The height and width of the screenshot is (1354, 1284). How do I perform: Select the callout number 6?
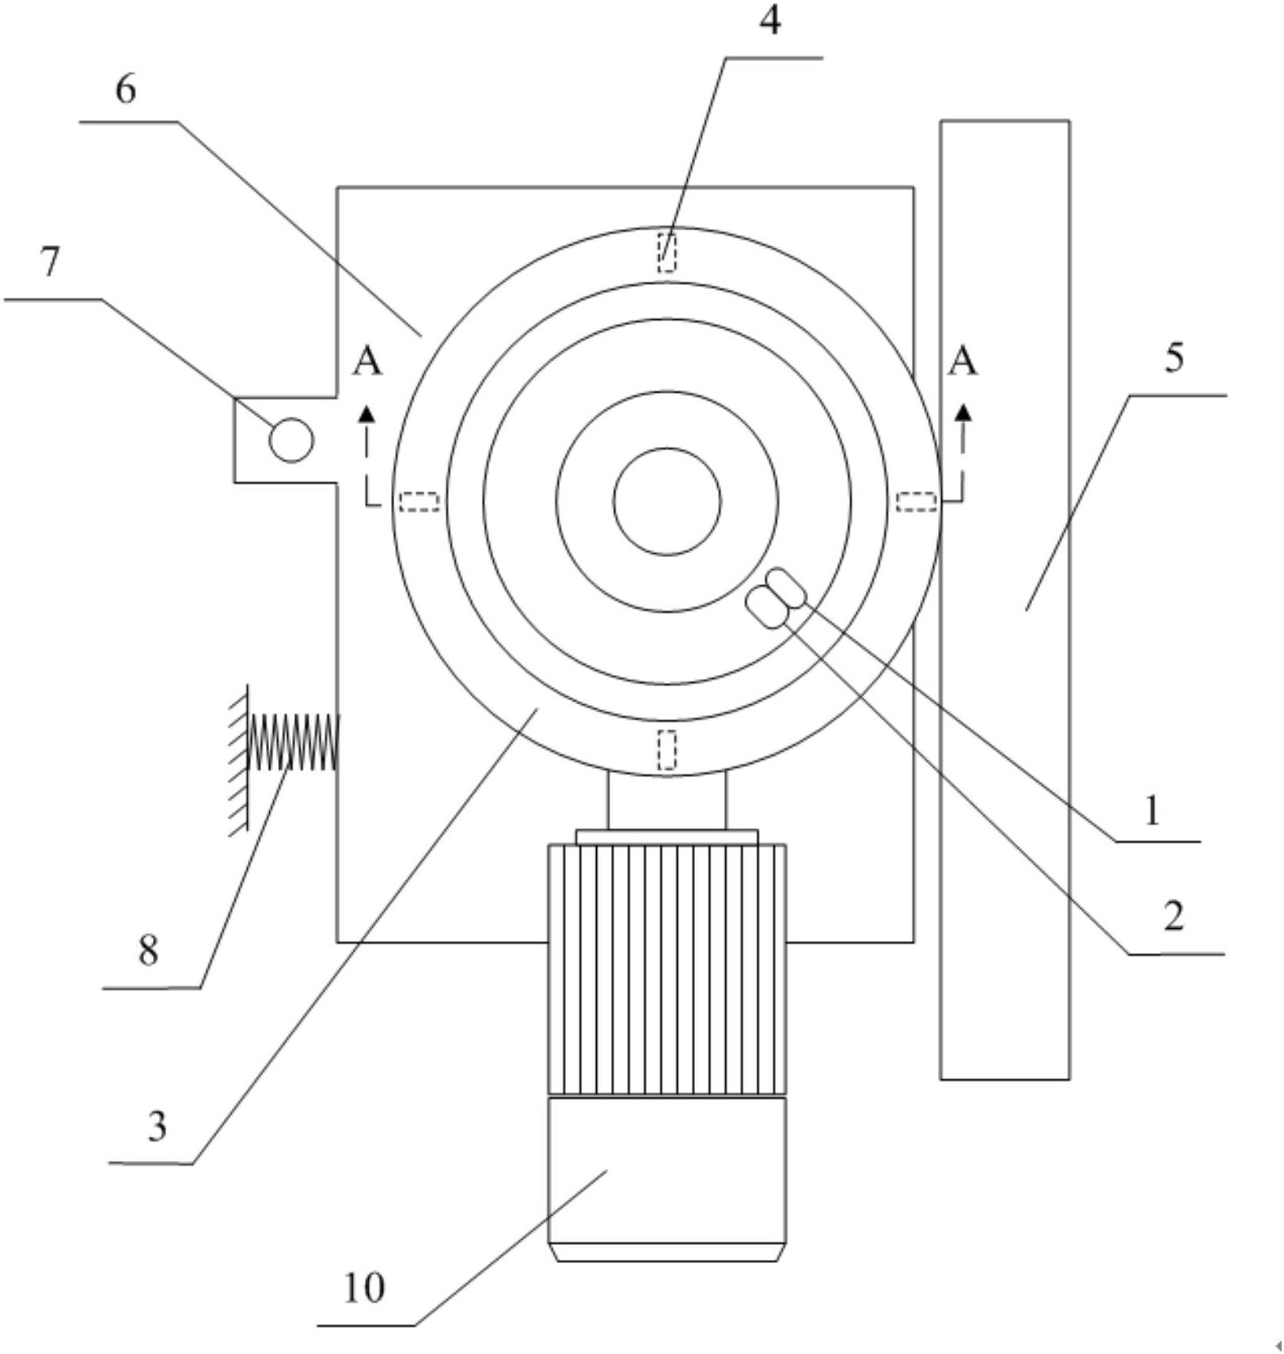pyautogui.click(x=126, y=89)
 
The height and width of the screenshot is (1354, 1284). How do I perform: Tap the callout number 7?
pyautogui.click(x=50, y=262)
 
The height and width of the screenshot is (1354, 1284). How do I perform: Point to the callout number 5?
pyautogui.click(x=1174, y=358)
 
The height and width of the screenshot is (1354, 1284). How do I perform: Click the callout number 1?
pyautogui.click(x=1153, y=810)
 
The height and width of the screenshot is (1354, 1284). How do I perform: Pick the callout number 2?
pyautogui.click(x=1173, y=916)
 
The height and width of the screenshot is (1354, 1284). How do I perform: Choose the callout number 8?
pyautogui.click(x=148, y=950)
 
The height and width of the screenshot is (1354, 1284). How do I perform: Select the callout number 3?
pyautogui.click(x=157, y=1126)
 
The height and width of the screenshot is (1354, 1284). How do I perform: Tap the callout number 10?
pyautogui.click(x=364, y=1288)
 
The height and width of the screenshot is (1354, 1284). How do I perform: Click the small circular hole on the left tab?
pyautogui.click(x=291, y=440)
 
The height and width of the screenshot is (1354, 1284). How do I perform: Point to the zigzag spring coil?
pyautogui.click(x=293, y=741)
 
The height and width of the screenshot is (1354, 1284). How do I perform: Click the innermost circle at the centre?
pyautogui.click(x=667, y=501)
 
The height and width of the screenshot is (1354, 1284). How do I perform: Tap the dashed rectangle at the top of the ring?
pyautogui.click(x=667, y=252)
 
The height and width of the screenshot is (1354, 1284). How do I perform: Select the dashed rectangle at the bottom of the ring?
pyautogui.click(x=667, y=749)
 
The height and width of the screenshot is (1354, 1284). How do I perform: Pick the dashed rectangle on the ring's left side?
pyautogui.click(x=419, y=502)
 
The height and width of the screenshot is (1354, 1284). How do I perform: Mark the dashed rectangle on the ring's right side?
pyautogui.click(x=917, y=502)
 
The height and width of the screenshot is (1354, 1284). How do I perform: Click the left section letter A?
pyautogui.click(x=367, y=362)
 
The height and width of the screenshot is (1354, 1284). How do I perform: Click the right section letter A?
pyautogui.click(x=963, y=362)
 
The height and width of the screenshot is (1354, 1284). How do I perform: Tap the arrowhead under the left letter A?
pyautogui.click(x=367, y=412)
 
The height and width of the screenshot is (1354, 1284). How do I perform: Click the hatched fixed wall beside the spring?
pyautogui.click(x=238, y=759)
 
